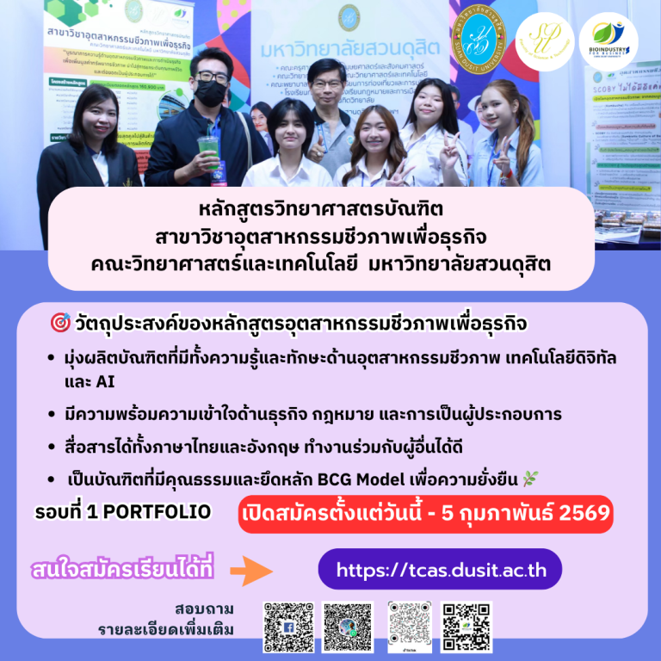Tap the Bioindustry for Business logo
click(x=608, y=40)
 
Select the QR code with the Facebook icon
click(x=287, y=626)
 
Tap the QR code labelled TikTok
click(x=408, y=626)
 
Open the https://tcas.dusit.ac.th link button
click(x=439, y=569)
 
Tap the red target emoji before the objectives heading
click(x=61, y=324)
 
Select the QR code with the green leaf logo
click(x=467, y=626)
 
